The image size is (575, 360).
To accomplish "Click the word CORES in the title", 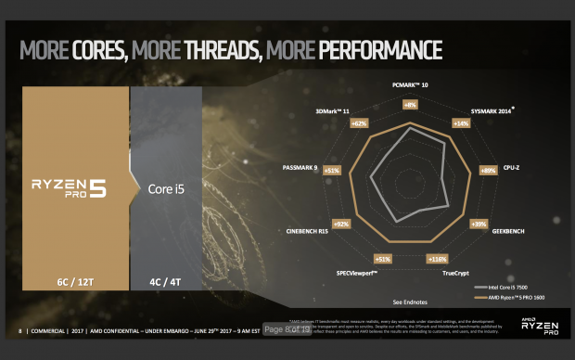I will (103, 49).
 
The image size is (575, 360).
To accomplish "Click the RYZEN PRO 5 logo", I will (70, 186).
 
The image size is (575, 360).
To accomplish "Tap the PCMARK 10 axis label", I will (410, 85).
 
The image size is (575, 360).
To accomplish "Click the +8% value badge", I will (410, 106).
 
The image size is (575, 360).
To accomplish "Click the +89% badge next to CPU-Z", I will (487, 171).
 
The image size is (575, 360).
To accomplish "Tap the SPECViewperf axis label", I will (363, 273).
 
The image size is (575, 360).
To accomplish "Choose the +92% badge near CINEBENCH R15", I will (341, 224).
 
